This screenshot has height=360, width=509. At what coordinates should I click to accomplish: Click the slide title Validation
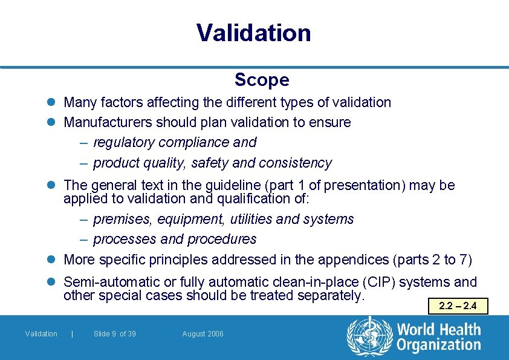point(254,33)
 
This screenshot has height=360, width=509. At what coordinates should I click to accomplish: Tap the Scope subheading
point(262,80)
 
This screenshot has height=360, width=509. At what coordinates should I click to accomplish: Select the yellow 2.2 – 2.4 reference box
point(457,306)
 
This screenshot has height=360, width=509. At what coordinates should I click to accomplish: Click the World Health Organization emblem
point(368,336)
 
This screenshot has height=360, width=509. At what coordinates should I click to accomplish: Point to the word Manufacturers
point(108,122)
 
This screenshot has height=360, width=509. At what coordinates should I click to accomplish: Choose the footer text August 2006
point(203,334)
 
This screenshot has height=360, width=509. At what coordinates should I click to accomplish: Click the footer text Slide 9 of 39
point(115,334)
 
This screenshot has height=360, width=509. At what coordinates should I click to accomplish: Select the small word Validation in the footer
point(41,334)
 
